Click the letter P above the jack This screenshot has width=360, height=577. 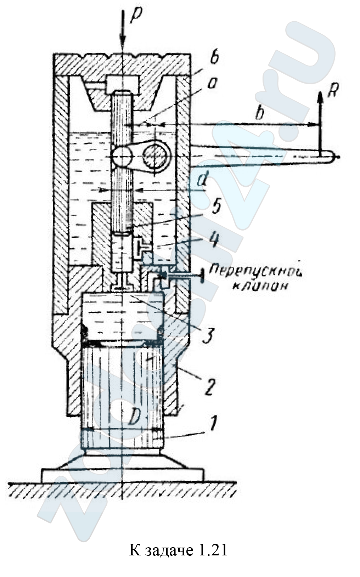[x=136, y=15]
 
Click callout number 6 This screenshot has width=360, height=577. [x=214, y=58]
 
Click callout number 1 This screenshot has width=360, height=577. [x=212, y=424]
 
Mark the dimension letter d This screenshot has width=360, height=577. [x=202, y=181]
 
